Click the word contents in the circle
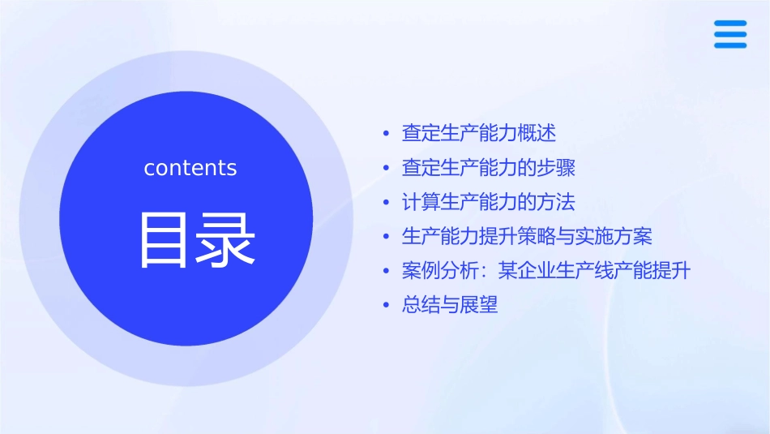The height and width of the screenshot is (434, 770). coord(190,168)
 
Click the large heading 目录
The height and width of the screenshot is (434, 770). coord(198,239)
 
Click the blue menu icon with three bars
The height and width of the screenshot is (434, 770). coord(730,35)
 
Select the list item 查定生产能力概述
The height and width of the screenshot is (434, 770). coord(479,133)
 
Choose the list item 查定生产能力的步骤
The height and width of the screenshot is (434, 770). coord(489,168)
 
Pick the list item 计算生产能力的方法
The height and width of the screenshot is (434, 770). coord(489,202)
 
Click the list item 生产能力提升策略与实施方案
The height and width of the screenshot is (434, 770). coord(527,237)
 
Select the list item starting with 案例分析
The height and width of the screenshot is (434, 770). coord(546,271)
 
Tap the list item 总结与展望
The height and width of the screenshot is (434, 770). coord(450,306)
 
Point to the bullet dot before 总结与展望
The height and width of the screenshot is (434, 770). coord(387,307)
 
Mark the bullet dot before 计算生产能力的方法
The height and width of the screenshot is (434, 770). coord(387,203)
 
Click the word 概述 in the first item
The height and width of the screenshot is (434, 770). coord(537,133)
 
